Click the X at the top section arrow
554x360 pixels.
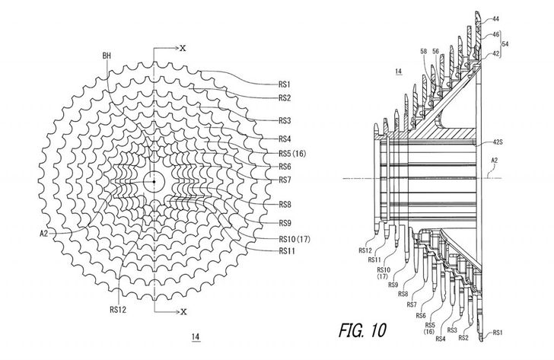183,47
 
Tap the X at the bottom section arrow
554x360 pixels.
183,311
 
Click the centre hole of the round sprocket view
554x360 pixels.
153,181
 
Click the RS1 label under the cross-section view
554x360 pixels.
498,333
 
